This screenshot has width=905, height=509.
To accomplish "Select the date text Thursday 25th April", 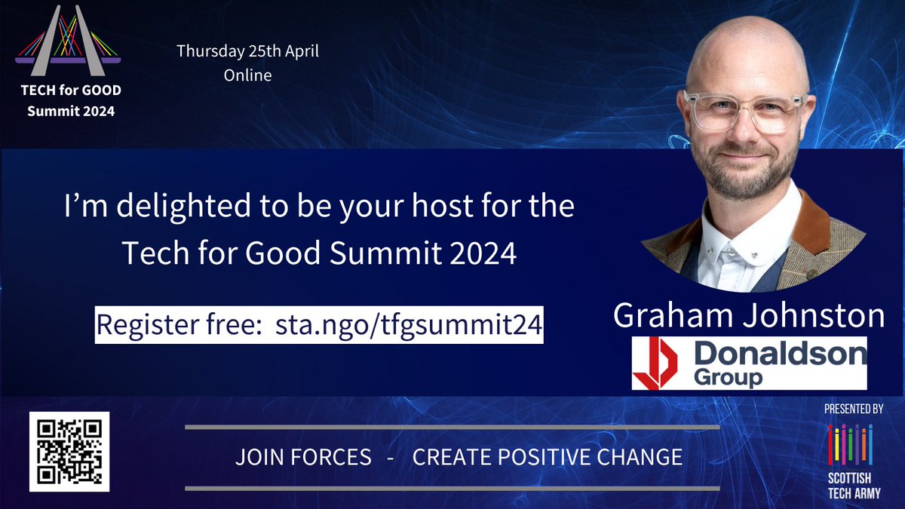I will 247,53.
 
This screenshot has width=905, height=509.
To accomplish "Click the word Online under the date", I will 247,75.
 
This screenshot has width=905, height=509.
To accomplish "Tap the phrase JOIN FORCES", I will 303,457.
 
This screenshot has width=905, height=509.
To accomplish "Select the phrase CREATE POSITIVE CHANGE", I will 548,457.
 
